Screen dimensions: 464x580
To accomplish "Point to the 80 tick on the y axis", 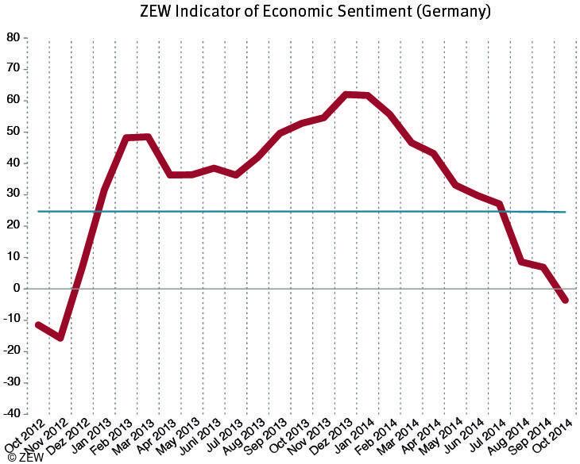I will pyautogui.click(x=13, y=37).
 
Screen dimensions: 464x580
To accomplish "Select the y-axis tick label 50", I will pyautogui.click(x=13, y=132).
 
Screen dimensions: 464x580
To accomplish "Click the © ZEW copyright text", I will pyautogui.click(x=24, y=457).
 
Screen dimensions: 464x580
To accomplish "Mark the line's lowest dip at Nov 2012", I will pyautogui.click(x=60, y=338).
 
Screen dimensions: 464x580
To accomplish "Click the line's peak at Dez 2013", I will pyautogui.click(x=346, y=94).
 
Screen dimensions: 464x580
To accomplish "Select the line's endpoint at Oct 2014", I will pyautogui.click(x=565, y=300).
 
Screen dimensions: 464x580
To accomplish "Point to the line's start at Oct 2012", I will pyautogui.click(x=38, y=324).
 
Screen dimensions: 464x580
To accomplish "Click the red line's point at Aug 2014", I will pyautogui.click(x=521, y=262).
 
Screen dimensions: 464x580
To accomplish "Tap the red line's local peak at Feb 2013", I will pyautogui.click(x=126, y=138).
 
